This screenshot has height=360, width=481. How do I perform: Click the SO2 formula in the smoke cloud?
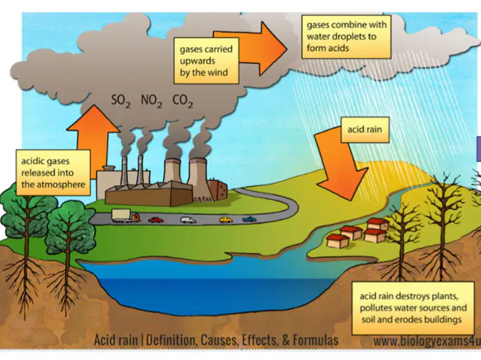coord(120,101)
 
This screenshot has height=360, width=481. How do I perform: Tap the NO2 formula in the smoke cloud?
coord(152,101)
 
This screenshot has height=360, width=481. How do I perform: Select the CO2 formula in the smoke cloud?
coord(183,101)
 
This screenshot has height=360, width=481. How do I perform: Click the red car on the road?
coord(156,220)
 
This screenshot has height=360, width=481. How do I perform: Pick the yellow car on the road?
coord(226,220)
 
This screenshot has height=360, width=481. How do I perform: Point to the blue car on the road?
coord(249,219)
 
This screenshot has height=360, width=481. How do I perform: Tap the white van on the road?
coord(188,220)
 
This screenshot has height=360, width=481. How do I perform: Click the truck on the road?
coord(126,216)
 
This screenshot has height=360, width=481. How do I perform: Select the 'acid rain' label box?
coord(365,130)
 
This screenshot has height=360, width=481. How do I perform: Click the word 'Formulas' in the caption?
coord(316,340)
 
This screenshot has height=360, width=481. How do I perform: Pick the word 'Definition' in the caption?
coord(171,340)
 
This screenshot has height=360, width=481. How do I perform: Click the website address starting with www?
coord(427,341)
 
